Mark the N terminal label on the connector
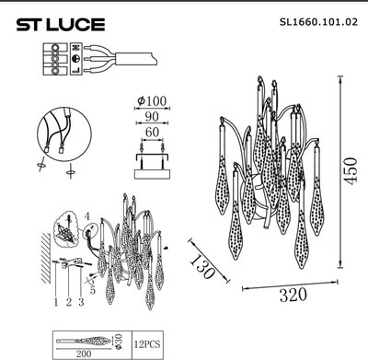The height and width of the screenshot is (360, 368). (76, 55)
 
